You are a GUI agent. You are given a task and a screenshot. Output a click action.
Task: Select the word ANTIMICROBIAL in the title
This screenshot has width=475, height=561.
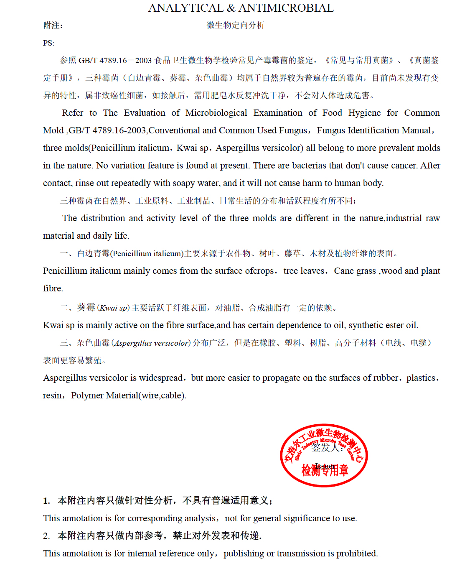[x=286, y=8]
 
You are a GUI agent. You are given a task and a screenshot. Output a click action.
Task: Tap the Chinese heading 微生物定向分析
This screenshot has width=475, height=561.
[x=236, y=25]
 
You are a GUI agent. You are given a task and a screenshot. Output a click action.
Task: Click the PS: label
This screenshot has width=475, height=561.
[x=48, y=43]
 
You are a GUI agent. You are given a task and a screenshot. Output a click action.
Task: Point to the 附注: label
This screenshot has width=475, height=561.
[x=53, y=25]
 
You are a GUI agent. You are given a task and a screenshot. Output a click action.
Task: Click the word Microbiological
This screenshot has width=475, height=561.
[x=216, y=113]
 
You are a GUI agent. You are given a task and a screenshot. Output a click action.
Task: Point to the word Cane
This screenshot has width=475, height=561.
[x=343, y=271]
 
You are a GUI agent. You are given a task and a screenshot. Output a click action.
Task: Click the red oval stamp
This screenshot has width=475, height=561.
[x=324, y=455]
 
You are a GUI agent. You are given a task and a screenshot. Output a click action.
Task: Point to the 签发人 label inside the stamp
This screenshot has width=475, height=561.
[x=326, y=448]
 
